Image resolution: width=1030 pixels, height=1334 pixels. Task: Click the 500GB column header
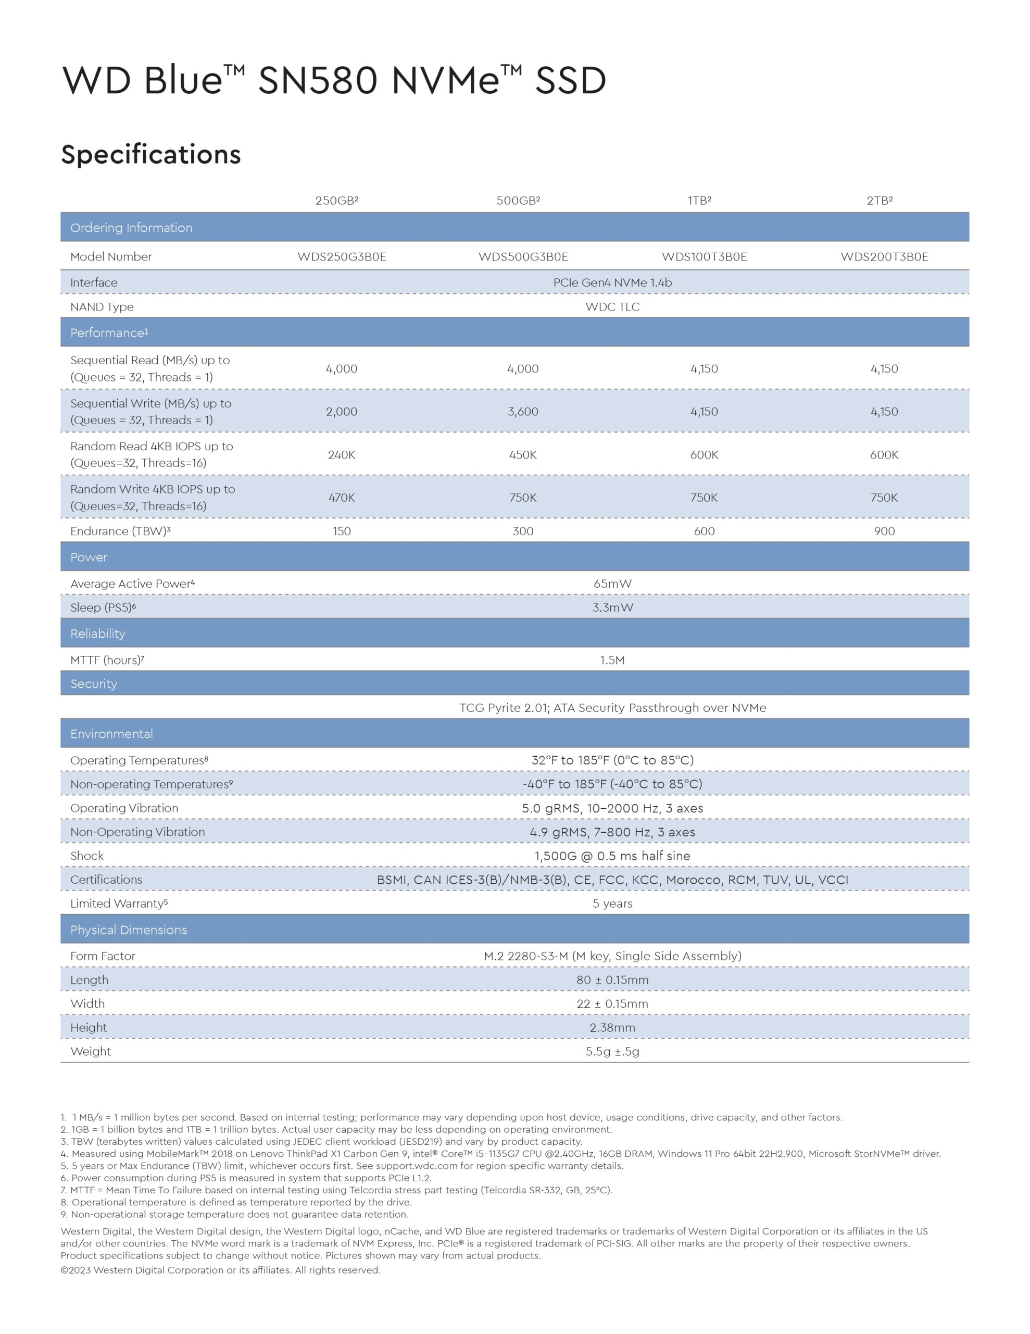[518, 200]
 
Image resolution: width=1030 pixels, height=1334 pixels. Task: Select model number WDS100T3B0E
[704, 256]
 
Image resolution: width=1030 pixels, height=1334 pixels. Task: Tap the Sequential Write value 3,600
[523, 412]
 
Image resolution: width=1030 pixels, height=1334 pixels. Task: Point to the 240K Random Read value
[341, 454]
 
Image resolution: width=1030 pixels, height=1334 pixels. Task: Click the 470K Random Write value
[341, 498]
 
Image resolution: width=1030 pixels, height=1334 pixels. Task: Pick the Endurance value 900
[884, 531]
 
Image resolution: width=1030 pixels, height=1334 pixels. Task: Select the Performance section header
[109, 333]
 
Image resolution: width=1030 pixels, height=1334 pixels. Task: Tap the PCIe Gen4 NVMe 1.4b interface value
[612, 282]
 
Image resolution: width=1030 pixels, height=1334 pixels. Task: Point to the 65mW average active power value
[612, 583]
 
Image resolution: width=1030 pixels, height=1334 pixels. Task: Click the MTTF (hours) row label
[107, 660]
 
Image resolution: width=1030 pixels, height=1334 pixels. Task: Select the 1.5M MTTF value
[612, 660]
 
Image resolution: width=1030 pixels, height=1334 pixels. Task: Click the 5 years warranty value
[612, 904]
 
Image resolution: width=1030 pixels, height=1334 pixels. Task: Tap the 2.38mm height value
[612, 1028]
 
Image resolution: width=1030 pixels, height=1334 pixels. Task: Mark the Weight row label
[91, 1051]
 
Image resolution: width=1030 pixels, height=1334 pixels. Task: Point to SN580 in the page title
[318, 80]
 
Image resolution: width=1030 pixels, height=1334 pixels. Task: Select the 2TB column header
[879, 200]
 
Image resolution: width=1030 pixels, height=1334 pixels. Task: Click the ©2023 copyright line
[220, 1270]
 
